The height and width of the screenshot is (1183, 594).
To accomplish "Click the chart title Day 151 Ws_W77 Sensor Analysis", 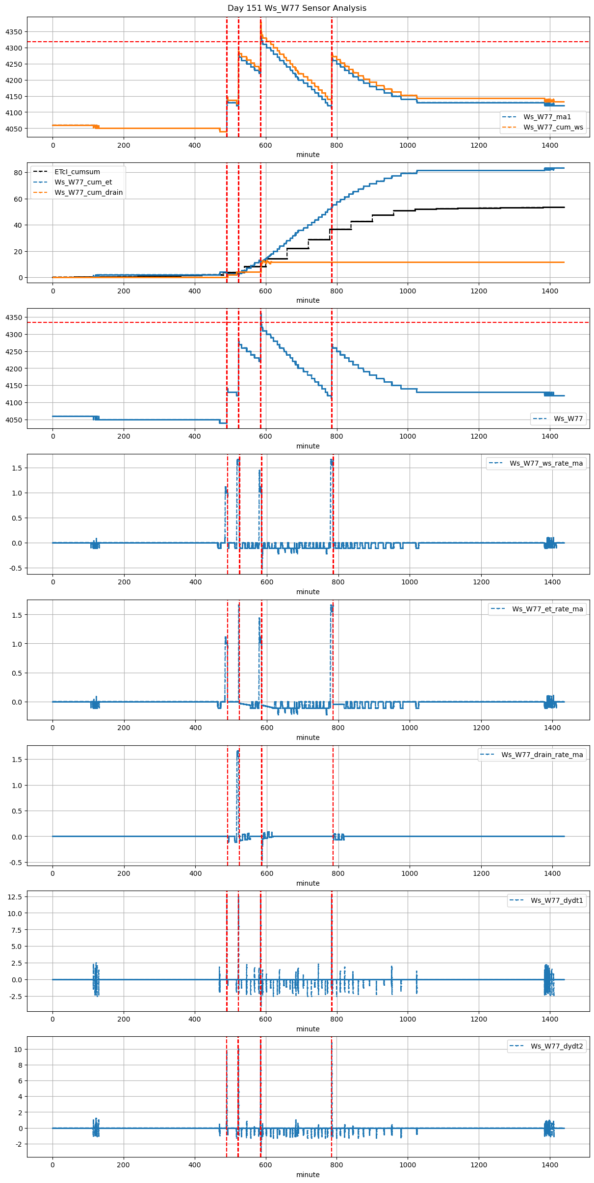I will point(297,8).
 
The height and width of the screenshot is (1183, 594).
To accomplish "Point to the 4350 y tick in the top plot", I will point(14,32).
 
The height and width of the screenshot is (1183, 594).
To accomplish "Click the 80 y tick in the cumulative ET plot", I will point(18,173).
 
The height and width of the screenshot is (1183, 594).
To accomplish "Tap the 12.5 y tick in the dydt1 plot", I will point(15,896).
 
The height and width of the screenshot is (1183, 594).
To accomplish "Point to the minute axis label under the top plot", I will point(308,155).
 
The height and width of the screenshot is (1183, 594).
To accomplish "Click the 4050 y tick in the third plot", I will point(14,420).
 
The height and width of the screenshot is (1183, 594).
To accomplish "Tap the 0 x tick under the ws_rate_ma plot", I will point(53,582).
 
